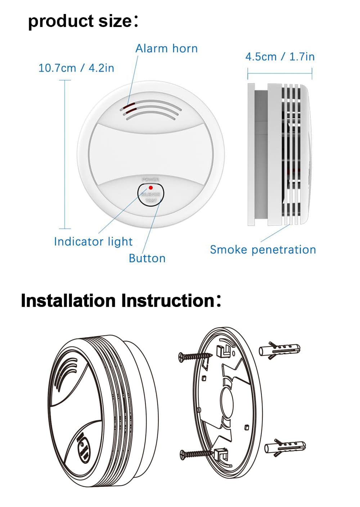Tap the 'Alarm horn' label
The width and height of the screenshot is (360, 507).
[x=166, y=49]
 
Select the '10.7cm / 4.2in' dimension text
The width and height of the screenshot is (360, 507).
[x=76, y=68]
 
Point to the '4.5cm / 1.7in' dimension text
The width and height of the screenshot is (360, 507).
[x=280, y=57]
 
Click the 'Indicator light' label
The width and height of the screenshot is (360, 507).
[x=93, y=241]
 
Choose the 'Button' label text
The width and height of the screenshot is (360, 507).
[x=147, y=258]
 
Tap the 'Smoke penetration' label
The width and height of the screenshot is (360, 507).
[x=262, y=250]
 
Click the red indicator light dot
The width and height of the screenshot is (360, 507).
[x=151, y=188]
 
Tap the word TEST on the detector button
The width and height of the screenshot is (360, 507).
[x=151, y=200]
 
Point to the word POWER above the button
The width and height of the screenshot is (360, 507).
[x=150, y=179]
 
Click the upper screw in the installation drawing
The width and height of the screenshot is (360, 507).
[x=195, y=356]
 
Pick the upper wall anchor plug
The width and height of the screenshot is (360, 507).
[x=279, y=349]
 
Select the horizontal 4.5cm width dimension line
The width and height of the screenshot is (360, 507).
[x=280, y=74]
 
